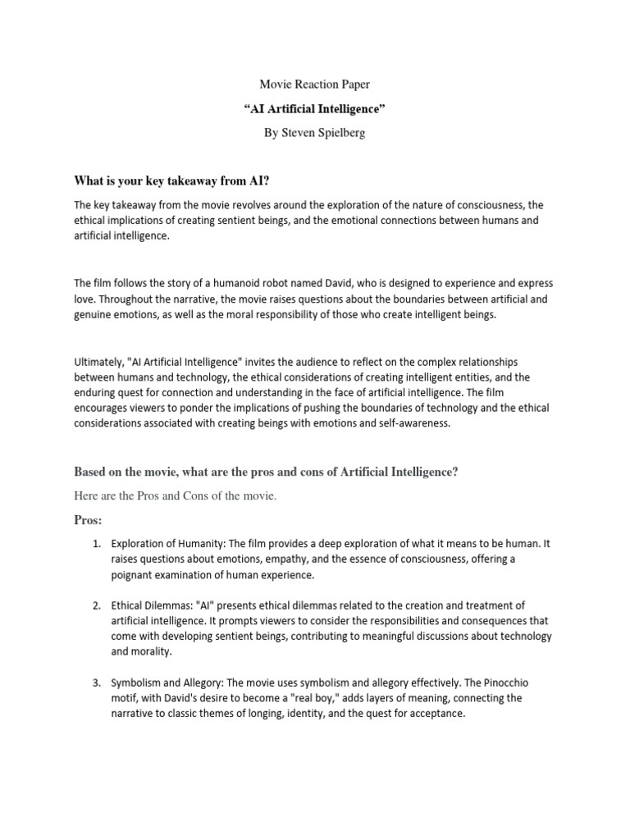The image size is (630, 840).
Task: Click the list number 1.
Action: [x=96, y=544]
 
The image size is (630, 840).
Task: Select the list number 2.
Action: [x=96, y=606]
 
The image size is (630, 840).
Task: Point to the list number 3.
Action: [x=96, y=683]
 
